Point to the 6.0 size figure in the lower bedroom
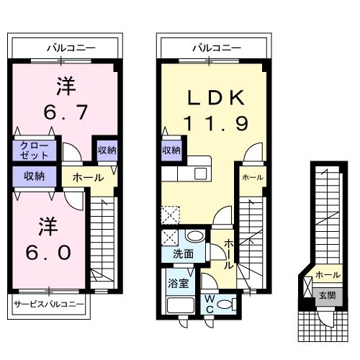pos(49,253)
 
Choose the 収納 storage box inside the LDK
pos(171,150)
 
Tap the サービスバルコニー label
pos(48,304)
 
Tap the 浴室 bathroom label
pos(179,282)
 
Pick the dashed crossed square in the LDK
pos(171,215)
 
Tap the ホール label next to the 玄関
pos(328,274)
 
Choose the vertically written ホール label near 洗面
pos(228,253)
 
